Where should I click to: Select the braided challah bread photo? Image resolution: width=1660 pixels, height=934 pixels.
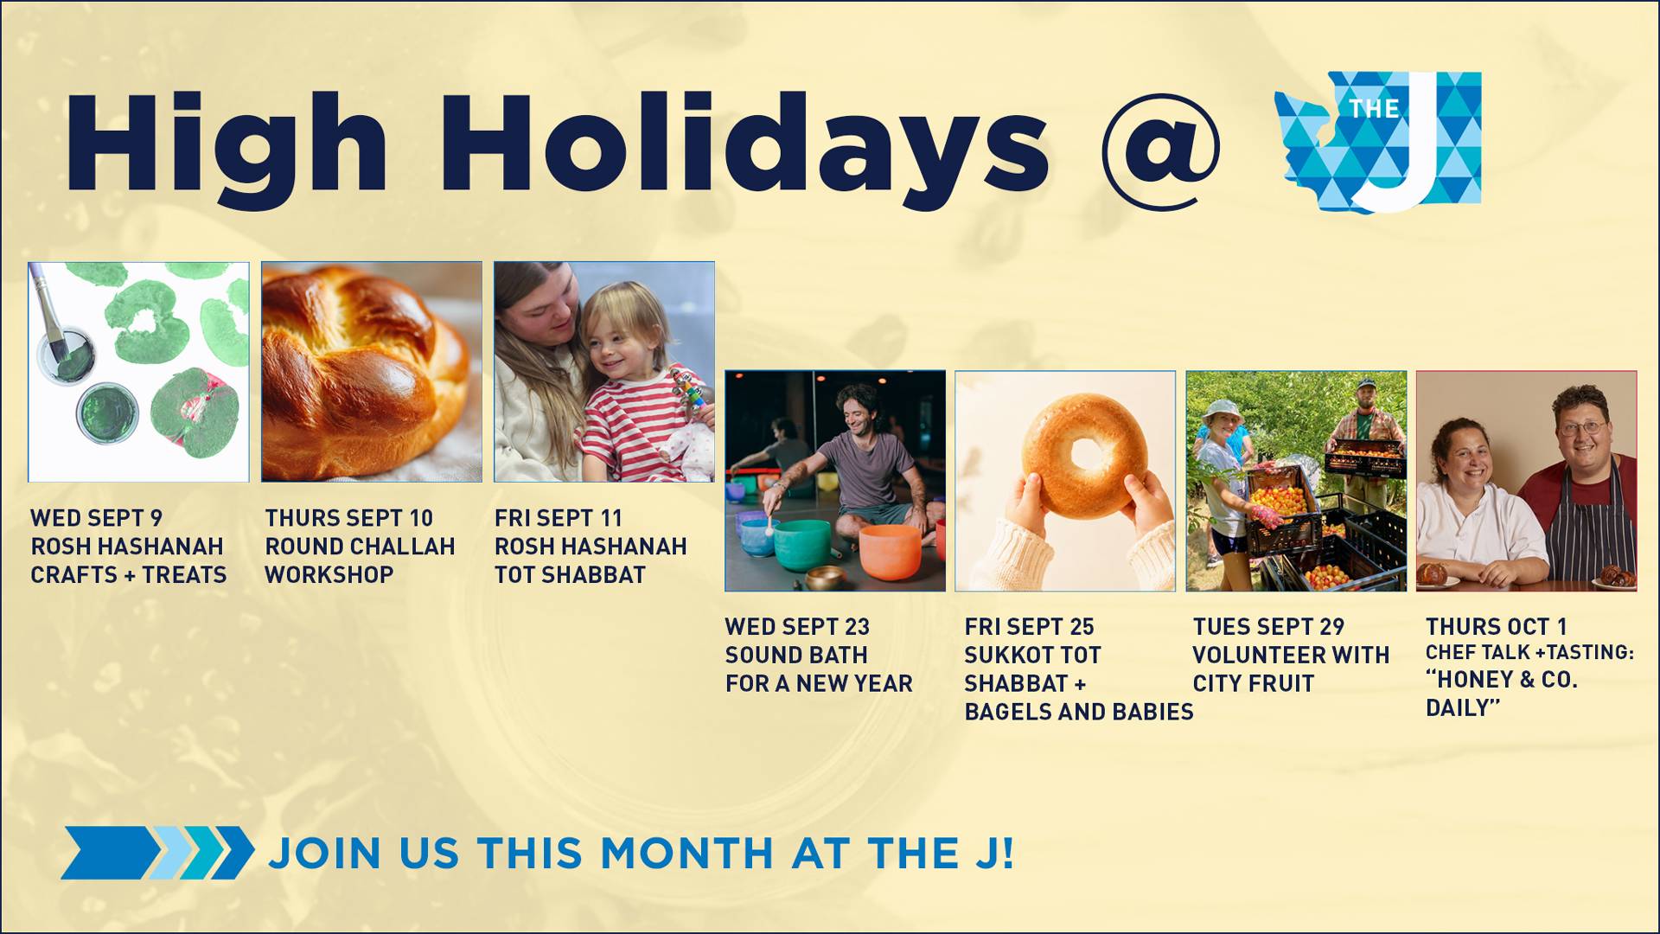point(372,372)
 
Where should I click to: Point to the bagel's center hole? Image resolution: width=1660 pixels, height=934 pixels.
point(1084,452)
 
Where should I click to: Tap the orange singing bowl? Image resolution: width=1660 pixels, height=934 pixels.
point(889,553)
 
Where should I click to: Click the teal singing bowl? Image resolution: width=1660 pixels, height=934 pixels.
point(801,544)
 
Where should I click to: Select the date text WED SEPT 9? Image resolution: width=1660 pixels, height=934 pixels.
point(97,518)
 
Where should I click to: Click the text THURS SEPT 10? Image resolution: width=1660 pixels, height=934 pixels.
point(348,518)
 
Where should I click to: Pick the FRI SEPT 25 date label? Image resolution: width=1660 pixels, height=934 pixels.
point(1029,626)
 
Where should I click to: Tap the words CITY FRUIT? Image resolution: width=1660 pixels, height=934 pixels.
point(1253,683)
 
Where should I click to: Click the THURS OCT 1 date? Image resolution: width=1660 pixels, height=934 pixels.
point(1496,626)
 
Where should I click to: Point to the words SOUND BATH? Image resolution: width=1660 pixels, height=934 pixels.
point(796,655)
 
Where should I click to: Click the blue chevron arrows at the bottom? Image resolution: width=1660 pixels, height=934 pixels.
point(157,853)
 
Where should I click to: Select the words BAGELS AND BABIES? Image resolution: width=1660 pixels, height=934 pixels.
point(1079,712)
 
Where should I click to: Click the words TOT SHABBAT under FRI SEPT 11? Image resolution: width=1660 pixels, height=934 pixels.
point(570,575)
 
